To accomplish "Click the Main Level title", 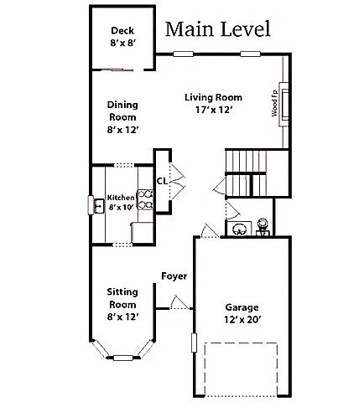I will (217, 29).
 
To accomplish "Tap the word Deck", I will (122, 30).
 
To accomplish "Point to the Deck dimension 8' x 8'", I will (122, 44).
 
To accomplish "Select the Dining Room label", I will (122, 111).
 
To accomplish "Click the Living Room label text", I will (213, 97).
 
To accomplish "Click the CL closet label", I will (162, 180).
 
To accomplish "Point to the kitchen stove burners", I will (146, 198).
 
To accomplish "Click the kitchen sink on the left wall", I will (95, 204).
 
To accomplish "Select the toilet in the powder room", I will (263, 226).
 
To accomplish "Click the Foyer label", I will (174, 276).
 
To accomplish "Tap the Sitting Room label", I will (122, 298).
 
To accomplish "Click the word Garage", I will (242, 307).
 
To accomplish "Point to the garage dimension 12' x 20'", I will (242, 321).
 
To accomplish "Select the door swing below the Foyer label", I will (179, 302).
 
